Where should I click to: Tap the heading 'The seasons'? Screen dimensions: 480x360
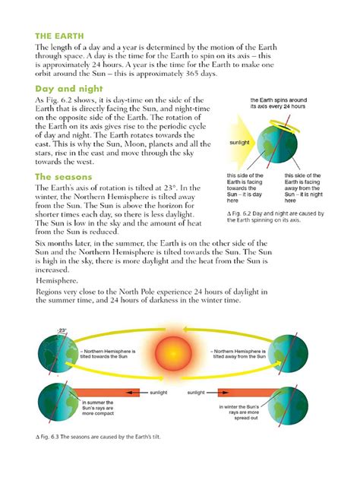(64, 176)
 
